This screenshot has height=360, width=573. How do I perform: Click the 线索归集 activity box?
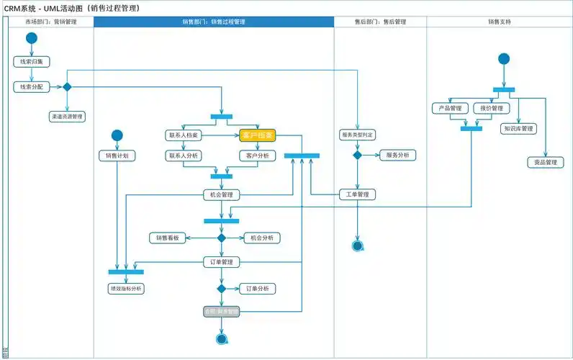pos(31,62)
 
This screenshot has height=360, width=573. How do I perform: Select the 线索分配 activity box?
pos(31,86)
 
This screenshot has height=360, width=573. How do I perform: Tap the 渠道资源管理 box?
pos(67,116)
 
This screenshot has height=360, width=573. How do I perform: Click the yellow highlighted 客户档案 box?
pos(258,135)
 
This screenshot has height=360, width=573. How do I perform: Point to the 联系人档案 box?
pos(184,135)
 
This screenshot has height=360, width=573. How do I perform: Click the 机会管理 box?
pos(221,195)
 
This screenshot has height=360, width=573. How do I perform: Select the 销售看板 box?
pos(168,238)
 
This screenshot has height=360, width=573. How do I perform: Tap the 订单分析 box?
pos(257,288)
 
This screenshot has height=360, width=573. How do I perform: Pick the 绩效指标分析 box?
pos(125,288)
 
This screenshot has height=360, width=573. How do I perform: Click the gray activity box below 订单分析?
pos(221,312)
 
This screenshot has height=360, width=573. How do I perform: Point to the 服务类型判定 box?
pos(357,135)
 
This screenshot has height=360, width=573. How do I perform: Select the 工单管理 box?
pos(357,194)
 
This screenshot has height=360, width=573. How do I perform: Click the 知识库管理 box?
pos(518,129)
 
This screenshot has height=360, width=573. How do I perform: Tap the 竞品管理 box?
pos(545,163)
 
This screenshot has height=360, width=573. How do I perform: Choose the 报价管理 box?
pos(491,109)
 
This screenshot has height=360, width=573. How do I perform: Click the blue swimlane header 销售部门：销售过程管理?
pos(214,22)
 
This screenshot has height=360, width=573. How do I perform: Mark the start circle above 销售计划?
pos(117,135)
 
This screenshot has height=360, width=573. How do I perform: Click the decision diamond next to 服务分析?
pos(357,155)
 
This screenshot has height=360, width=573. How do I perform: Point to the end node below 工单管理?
pos(357,246)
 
